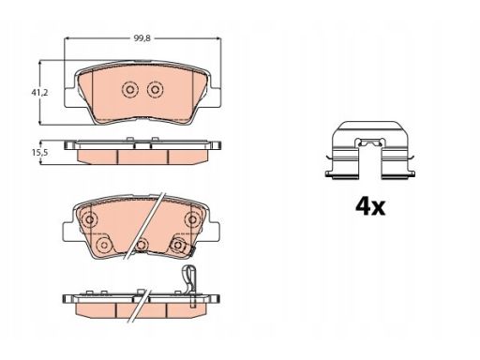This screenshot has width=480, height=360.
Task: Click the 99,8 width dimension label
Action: pyautogui.click(x=142, y=38)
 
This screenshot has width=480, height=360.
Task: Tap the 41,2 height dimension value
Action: pyautogui.click(x=39, y=93)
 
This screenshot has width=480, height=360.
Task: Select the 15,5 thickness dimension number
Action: pyautogui.click(x=39, y=153)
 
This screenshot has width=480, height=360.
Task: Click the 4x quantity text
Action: pyautogui.click(x=370, y=206)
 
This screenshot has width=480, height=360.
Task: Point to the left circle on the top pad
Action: pyautogui.click(x=129, y=90)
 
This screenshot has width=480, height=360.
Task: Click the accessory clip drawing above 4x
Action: pyautogui.click(x=370, y=151)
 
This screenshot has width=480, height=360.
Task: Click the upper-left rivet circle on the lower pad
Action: pyautogui.click(x=90, y=219)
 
